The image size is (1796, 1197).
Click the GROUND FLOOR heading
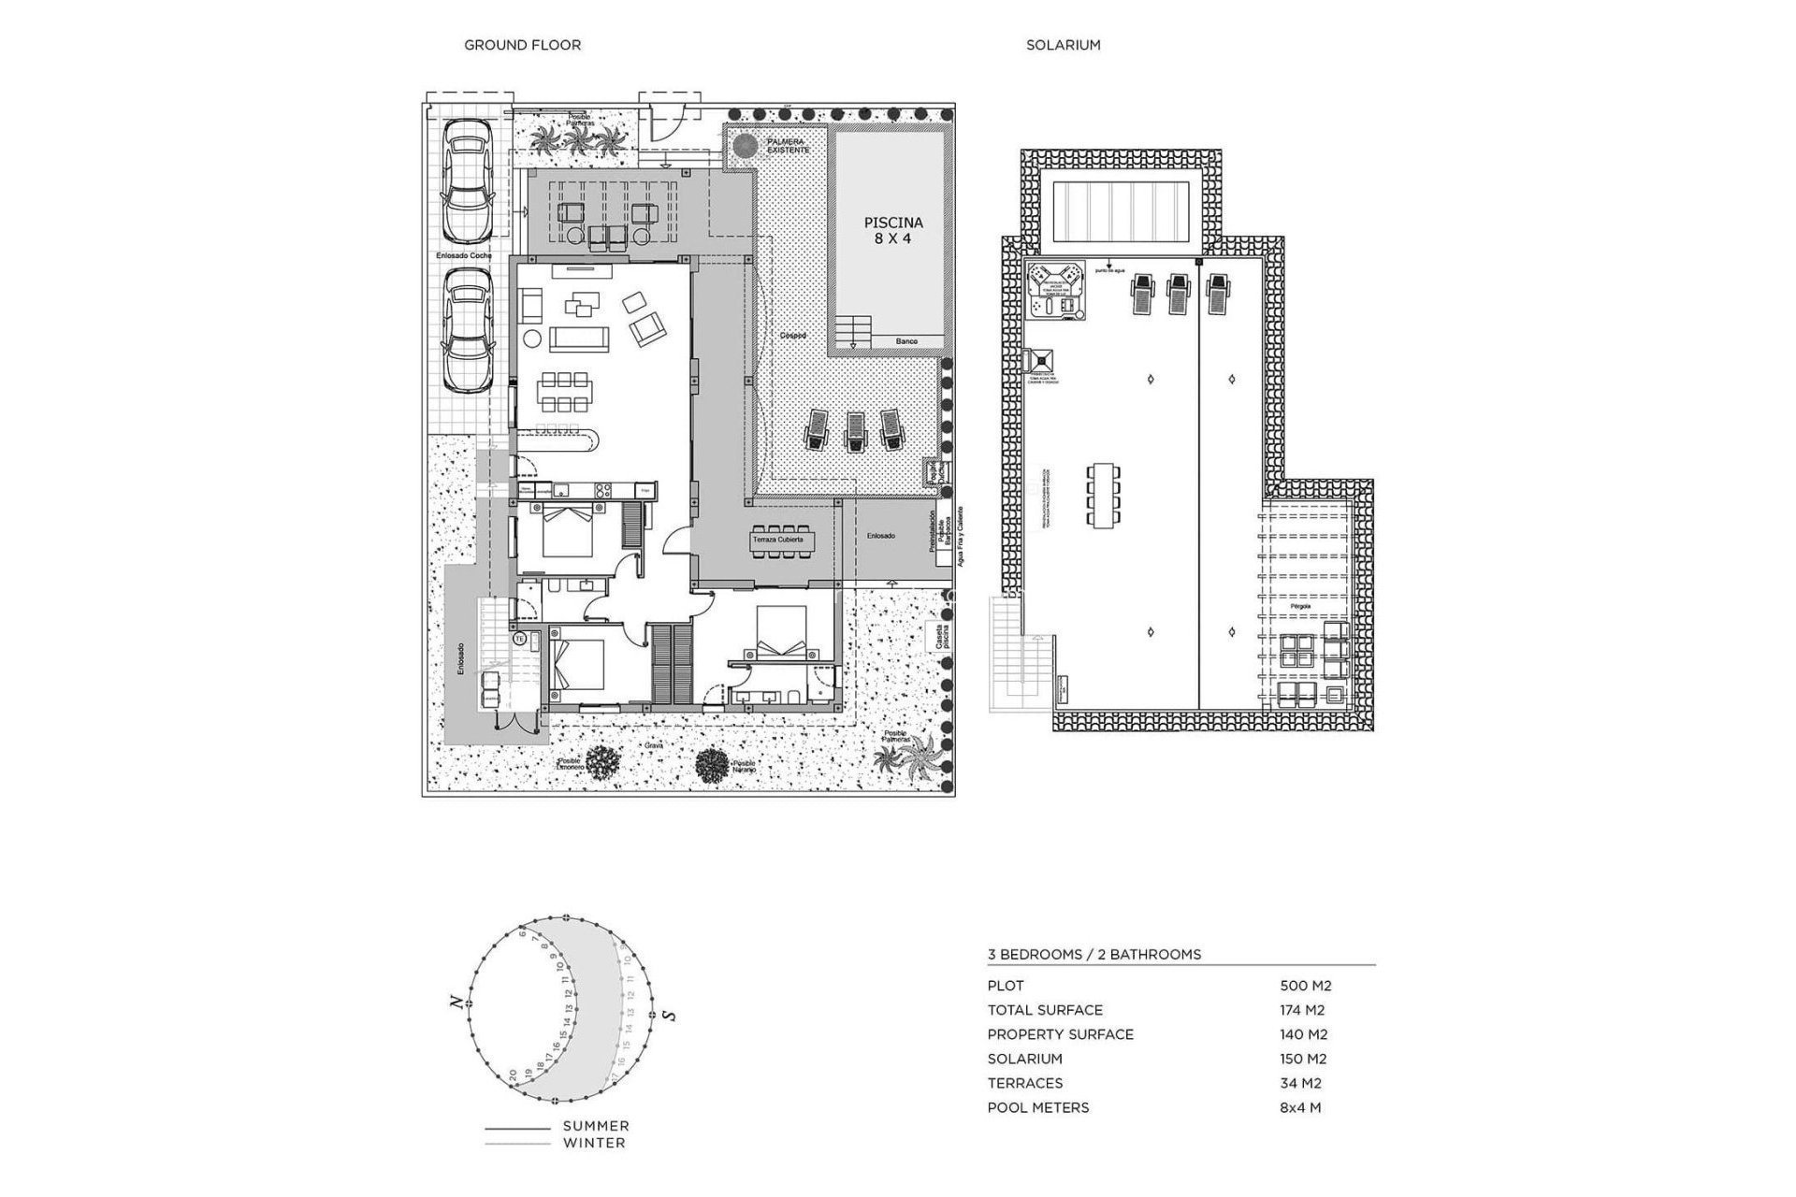coord(522,45)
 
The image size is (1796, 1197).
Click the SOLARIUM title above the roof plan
coord(1063,45)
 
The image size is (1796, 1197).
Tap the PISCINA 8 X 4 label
coord(892,230)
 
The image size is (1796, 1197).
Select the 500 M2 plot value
coord(1305,986)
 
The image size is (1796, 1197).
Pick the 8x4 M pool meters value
coord(1299,1107)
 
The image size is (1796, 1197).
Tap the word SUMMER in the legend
coord(596,1126)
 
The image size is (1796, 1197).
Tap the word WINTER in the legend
coord(594,1143)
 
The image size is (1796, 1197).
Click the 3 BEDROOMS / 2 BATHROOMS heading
coord(1094,955)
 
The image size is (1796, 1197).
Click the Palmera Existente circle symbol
coord(745,147)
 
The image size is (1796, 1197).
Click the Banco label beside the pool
coord(905,342)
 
